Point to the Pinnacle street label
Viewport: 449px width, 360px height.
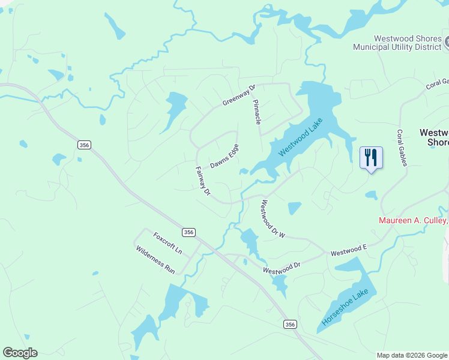(x=258, y=112)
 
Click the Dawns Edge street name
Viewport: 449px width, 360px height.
(x=224, y=156)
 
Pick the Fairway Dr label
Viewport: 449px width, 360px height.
(x=203, y=181)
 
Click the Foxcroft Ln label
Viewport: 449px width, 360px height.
(x=167, y=242)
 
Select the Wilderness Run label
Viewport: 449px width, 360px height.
(x=155, y=260)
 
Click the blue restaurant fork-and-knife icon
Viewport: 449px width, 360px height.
(x=371, y=158)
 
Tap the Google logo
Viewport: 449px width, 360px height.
(x=20, y=353)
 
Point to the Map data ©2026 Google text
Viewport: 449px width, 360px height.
(x=412, y=355)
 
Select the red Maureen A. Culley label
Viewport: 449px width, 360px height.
(x=413, y=220)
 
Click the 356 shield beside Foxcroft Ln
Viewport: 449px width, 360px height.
(x=188, y=232)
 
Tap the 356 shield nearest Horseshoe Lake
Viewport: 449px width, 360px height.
(x=290, y=324)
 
